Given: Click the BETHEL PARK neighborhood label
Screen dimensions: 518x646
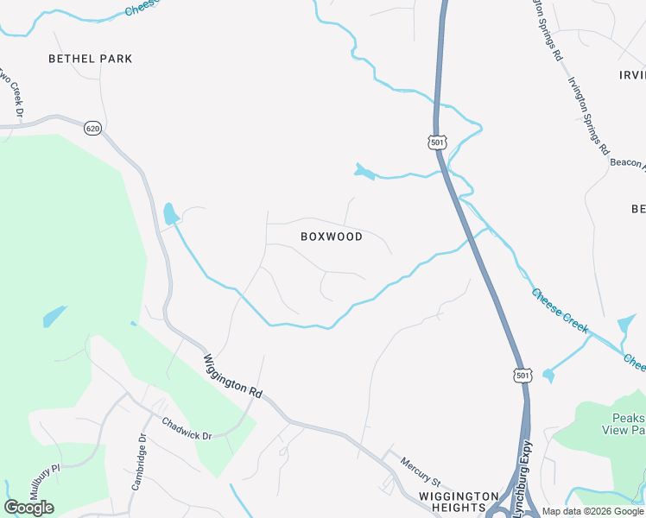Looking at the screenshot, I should [91, 59].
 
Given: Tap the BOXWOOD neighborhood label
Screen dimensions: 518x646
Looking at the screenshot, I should [332, 236].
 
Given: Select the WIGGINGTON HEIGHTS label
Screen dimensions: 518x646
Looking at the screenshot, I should [459, 502].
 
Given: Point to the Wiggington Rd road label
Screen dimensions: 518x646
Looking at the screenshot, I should [232, 376].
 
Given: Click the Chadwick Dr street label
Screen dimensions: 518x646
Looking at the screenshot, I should [187, 429].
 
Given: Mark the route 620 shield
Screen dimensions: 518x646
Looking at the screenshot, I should [92, 128].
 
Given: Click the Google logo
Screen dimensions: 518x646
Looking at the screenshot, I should [28, 508].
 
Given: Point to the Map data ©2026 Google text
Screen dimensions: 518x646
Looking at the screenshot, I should [593, 511].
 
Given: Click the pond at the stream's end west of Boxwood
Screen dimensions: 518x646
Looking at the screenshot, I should [170, 212].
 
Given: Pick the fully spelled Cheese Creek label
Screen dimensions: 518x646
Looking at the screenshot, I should [560, 311].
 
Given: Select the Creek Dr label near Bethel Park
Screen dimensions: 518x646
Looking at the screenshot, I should [14, 92].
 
